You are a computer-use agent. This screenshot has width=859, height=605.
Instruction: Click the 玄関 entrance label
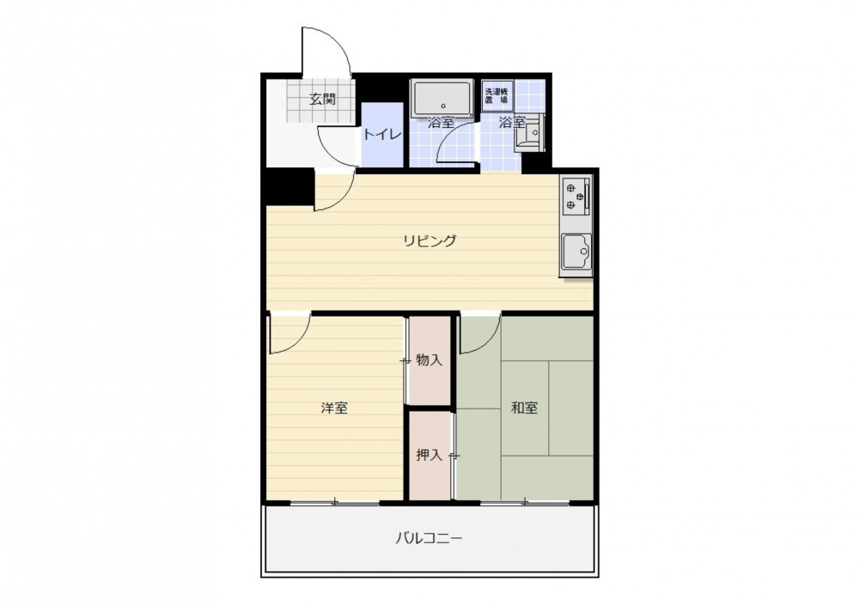coord(323,100)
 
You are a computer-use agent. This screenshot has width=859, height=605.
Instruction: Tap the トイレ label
coord(382,134)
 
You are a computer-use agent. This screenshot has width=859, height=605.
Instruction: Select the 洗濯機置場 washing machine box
coord(497,97)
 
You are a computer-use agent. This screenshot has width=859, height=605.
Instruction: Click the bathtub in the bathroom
coord(442,98)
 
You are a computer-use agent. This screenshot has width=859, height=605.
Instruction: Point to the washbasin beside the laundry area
coord(528,132)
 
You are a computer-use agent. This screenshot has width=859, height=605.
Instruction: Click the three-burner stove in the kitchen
coord(576,196)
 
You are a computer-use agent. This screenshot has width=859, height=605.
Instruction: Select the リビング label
coord(430,241)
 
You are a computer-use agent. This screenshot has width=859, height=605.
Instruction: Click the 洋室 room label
coord(334,408)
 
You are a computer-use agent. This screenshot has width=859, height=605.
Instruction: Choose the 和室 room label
coord(524,408)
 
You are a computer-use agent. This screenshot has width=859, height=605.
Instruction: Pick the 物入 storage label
coord(429,360)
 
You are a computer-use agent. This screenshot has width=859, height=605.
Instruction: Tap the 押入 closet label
coord(429,455)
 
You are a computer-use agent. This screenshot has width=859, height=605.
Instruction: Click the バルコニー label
coord(429,538)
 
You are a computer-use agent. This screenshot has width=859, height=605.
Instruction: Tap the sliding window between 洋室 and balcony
coord(334,502)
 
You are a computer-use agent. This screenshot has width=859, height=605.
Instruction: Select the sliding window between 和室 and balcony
coord(526,502)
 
